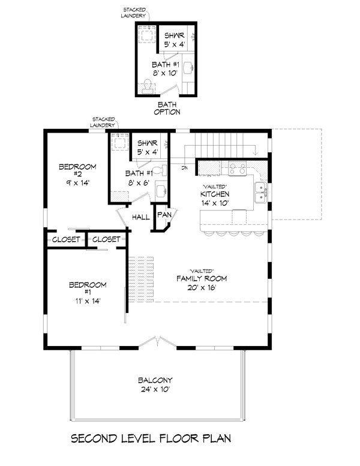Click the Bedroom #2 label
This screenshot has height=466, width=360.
77,170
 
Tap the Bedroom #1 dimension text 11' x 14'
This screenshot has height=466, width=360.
88,301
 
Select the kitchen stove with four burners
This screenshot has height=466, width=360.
237,168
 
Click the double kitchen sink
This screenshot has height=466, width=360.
260,193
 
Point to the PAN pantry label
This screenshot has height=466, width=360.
164,215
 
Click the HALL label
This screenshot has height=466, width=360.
141,217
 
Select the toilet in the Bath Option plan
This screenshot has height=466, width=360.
147,86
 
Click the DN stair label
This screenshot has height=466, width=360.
185,168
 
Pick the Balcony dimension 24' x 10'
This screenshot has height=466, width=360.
155,389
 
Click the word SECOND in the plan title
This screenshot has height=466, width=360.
94,438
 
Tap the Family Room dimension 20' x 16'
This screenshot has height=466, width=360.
202,288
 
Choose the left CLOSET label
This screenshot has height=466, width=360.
66,239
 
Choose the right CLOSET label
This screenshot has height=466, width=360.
106,239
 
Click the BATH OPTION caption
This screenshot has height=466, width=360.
167,108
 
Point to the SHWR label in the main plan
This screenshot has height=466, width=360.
148,143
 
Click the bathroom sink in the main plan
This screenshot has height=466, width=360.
161,191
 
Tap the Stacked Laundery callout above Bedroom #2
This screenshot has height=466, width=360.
103,122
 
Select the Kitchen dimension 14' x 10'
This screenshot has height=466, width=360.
215,203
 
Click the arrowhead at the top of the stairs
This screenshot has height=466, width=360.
255,153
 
